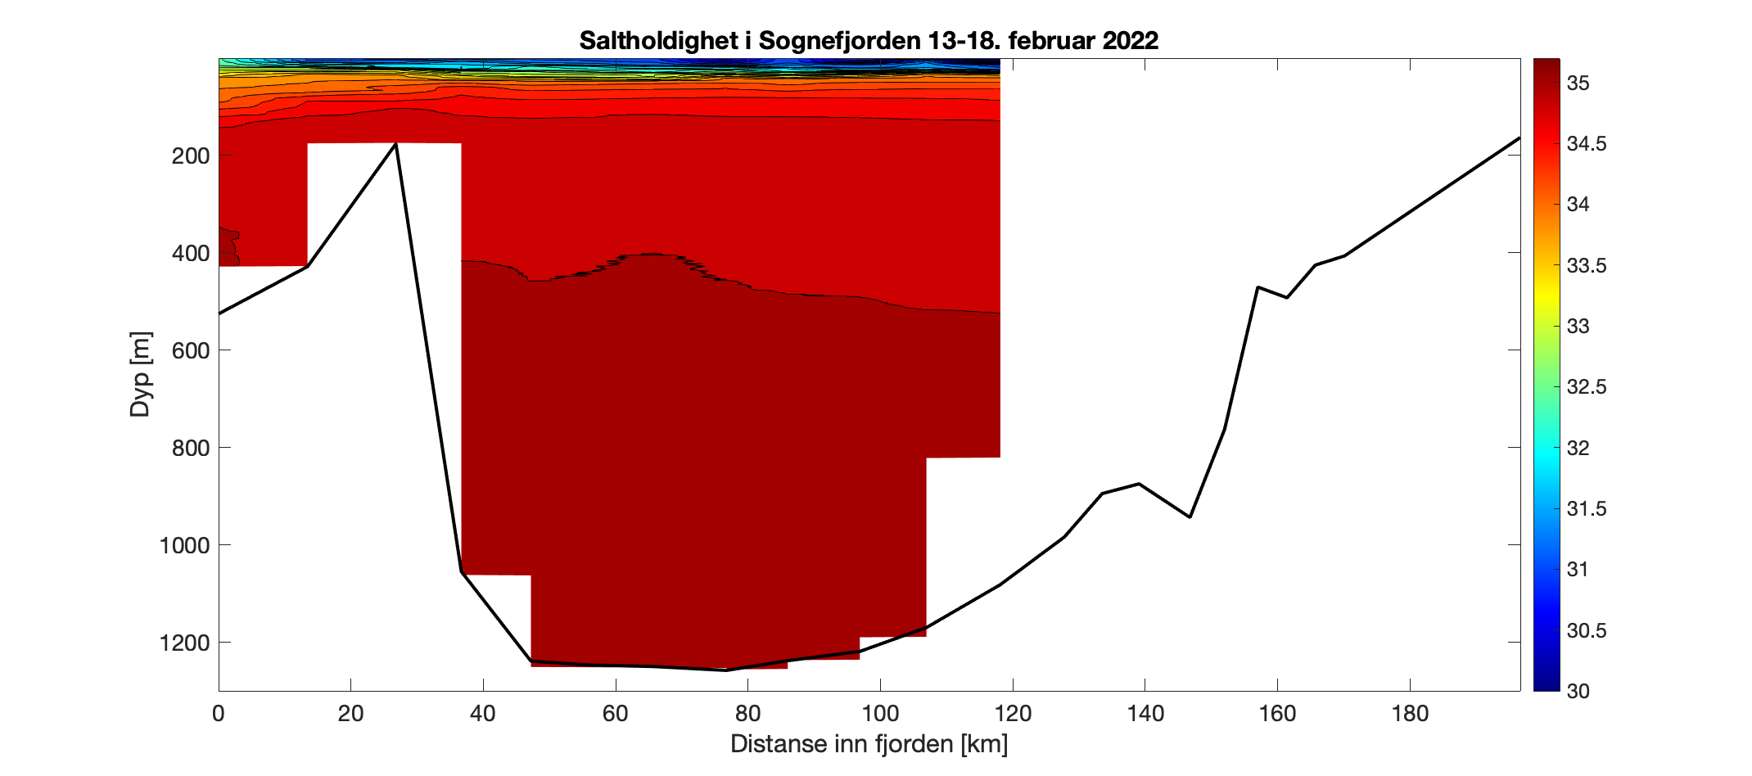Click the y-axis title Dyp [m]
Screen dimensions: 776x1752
click(x=141, y=374)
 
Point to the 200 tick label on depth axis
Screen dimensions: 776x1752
click(x=191, y=156)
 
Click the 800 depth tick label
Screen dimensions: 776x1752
click(x=191, y=448)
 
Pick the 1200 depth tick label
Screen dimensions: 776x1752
click(x=184, y=643)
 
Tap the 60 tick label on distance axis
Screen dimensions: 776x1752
click(x=615, y=714)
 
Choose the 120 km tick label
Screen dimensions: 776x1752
click(x=1013, y=714)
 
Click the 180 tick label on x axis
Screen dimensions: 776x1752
click(x=1410, y=714)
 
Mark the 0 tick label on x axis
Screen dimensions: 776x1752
click(x=219, y=714)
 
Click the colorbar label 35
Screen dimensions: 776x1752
click(x=1578, y=83)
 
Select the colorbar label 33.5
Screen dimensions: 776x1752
click(x=1586, y=266)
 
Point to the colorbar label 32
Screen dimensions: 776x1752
click(x=1578, y=449)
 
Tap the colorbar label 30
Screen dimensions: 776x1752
click(x=1578, y=692)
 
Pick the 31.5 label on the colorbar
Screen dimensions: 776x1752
click(x=1586, y=509)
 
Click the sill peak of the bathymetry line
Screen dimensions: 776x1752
click(x=396, y=144)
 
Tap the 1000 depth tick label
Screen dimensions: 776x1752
click(x=184, y=545)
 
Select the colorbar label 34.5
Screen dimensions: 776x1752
click(x=1586, y=144)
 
